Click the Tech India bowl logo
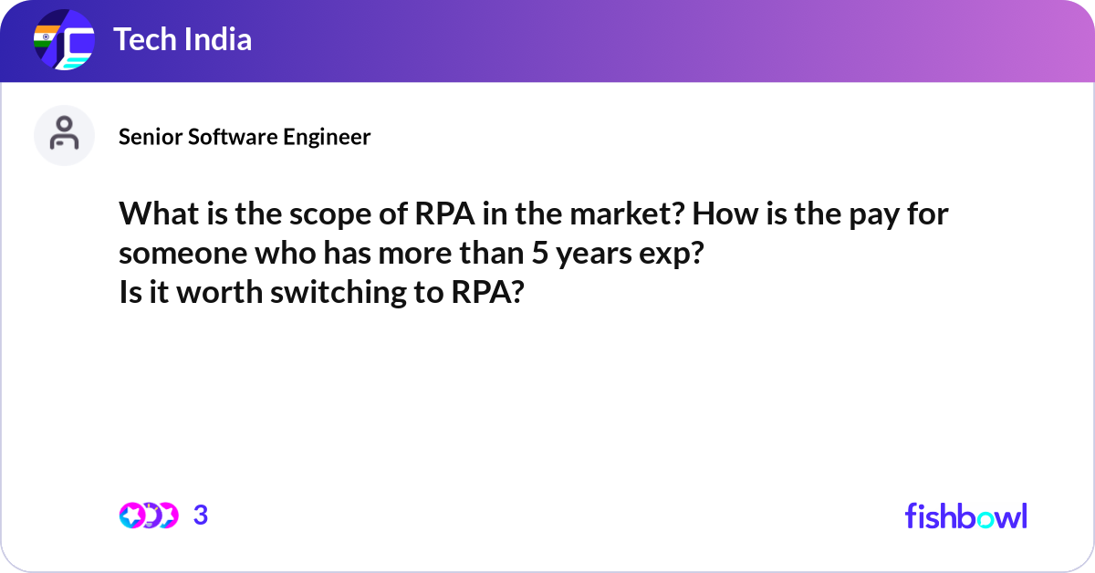[64, 41]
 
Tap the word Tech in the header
[142, 40]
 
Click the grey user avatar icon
[64, 135]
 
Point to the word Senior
[144, 137]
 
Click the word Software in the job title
[224, 137]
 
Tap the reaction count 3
[201, 516]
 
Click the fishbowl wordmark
[965, 516]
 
